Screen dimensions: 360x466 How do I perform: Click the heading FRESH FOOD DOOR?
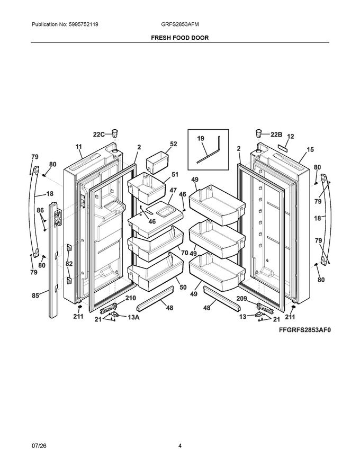pos(179,38)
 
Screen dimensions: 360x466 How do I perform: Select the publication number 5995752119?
pos(83,24)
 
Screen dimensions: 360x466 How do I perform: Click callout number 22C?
pos(99,135)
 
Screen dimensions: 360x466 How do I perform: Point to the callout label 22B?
pos(276,135)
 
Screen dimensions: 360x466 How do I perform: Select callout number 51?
pos(175,174)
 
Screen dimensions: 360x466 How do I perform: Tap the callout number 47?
pos(173,190)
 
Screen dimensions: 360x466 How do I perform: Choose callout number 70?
pos(184,253)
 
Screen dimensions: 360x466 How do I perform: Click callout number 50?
pos(183,287)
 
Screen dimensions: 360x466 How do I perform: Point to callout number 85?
pos(35,295)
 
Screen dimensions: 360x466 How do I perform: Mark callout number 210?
pos(130,298)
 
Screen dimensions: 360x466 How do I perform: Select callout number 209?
pos(242,298)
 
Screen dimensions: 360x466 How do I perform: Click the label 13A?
pos(133,317)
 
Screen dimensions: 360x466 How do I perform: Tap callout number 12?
pos(291,137)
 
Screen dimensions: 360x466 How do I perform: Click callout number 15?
pos(310,149)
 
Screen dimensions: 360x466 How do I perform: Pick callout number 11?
pos(78,147)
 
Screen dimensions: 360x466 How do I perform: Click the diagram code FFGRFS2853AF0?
pos(304,330)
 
